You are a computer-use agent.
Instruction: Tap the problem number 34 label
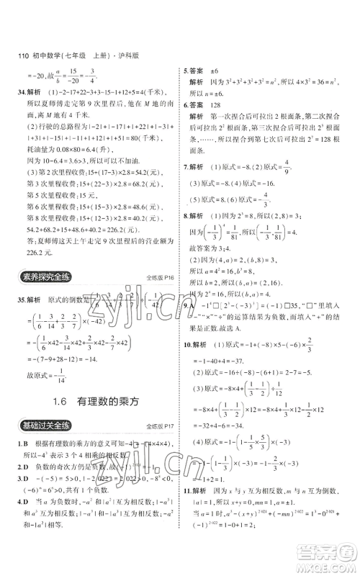coord(11,91)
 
